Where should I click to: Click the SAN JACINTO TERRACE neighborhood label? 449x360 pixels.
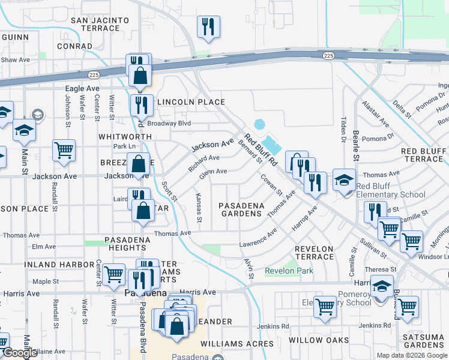(100, 24)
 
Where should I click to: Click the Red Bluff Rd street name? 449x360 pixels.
(261, 149)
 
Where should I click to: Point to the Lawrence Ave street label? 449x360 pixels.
(258, 239)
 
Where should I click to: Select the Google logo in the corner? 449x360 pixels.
(19, 353)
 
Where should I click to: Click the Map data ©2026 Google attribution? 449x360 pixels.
(412, 355)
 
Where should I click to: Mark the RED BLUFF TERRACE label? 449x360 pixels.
(422, 155)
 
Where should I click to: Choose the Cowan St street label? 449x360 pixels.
(271, 184)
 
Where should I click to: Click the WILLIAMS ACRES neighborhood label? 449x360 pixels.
(237, 344)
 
